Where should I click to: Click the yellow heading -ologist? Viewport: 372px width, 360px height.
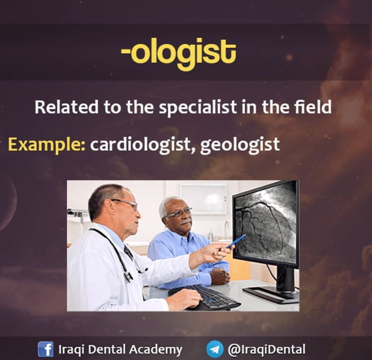tap(178, 54)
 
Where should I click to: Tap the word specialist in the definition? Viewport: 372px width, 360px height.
tap(197, 108)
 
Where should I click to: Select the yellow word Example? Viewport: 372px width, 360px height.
tap(47, 144)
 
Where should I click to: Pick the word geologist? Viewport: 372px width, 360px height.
tap(240, 144)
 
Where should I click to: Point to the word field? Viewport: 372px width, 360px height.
tap(315, 108)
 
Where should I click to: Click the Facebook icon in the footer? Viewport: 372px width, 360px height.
tap(45, 349)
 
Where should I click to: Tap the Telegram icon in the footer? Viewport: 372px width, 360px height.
tap(214, 349)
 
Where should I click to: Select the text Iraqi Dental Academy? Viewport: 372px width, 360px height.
tap(121, 350)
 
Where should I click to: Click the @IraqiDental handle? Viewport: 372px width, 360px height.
tap(266, 350)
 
